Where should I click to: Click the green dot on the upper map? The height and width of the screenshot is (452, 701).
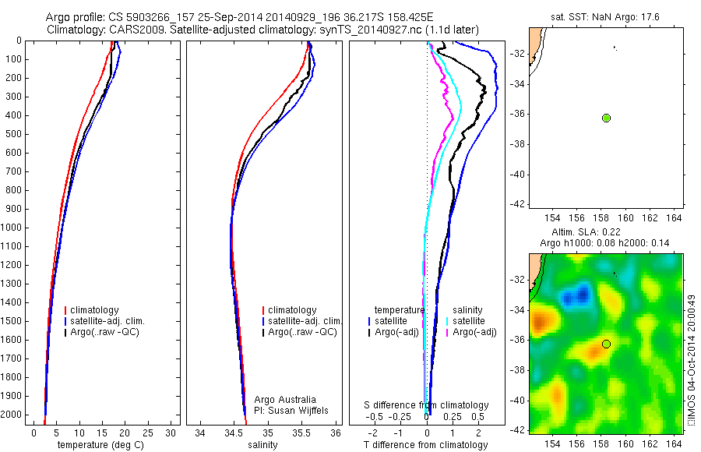pos(606,118)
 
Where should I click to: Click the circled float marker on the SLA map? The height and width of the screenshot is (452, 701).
pos(606,344)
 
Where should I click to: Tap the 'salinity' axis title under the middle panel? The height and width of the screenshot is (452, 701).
pos(262,445)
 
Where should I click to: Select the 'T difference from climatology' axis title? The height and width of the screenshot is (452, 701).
pos(425,445)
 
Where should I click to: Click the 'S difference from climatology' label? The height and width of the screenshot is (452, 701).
pos(427,405)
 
